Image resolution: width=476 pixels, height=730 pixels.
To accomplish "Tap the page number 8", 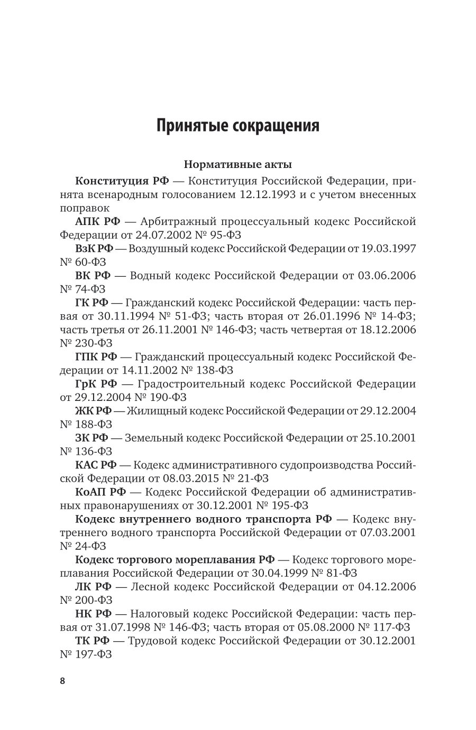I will (62, 681).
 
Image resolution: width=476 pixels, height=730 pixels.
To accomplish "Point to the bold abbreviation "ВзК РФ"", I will (93, 248).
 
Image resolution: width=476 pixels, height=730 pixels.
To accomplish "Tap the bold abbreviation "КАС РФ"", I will (96, 465).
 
